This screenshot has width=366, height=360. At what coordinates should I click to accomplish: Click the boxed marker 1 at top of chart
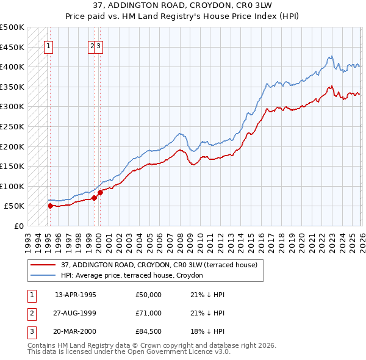pyautogui.click(x=48, y=45)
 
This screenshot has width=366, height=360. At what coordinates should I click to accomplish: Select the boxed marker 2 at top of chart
pyautogui.click(x=92, y=45)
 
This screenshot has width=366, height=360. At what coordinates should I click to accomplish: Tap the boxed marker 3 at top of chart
pyautogui.click(x=99, y=45)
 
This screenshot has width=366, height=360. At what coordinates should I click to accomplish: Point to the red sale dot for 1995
pyautogui.click(x=50, y=206)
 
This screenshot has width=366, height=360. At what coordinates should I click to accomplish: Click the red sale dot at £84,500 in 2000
pyautogui.click(x=100, y=192)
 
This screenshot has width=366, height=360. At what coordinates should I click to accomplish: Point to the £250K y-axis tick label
pyautogui.click(x=12, y=126)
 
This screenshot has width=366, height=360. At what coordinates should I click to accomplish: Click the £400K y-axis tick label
pyautogui.click(x=12, y=67)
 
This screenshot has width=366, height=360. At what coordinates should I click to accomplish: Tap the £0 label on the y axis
pyautogui.click(x=18, y=226)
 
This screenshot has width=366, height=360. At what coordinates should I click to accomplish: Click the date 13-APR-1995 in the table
pyautogui.click(x=76, y=295)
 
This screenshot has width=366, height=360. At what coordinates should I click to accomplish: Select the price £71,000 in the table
pyautogui.click(x=149, y=313)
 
